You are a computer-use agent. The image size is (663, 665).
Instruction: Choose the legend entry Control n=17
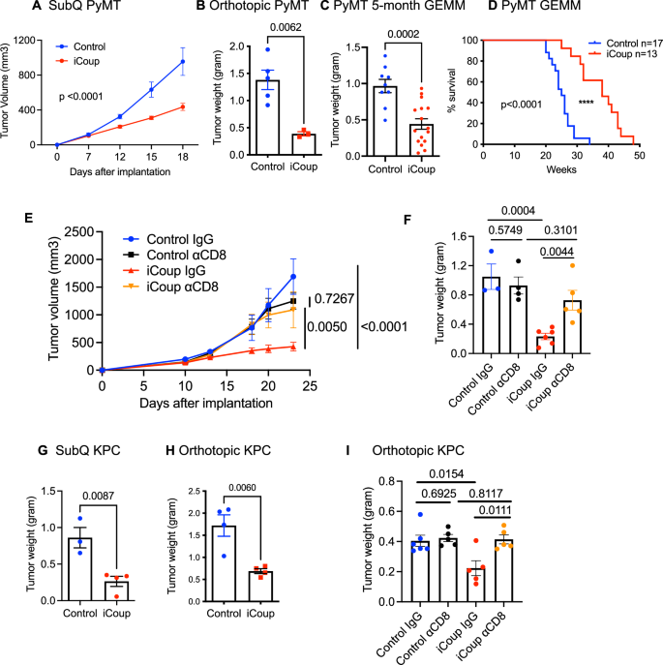[x=622, y=41]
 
